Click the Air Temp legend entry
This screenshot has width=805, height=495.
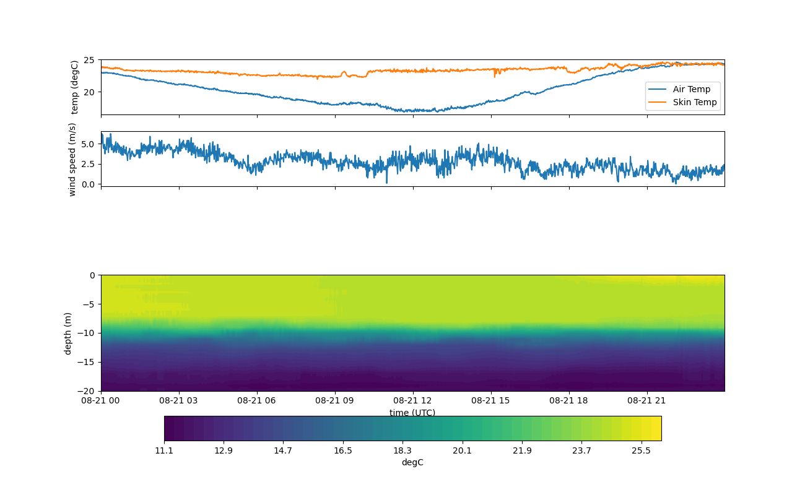(691, 89)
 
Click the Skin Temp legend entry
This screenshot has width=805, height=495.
(694, 102)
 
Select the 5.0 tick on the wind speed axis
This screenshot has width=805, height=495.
(87, 144)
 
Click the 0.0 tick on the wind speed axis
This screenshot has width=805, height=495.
(87, 184)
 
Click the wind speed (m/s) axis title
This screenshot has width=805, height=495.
(72, 159)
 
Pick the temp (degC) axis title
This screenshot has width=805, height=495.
(75, 87)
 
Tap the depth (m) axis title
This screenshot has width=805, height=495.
(68, 334)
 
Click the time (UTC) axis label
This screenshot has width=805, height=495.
(412, 413)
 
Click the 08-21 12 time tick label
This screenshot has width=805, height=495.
(412, 400)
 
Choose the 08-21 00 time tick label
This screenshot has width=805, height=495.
(101, 400)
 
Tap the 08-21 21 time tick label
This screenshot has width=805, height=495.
(647, 400)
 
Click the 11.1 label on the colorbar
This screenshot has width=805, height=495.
(164, 450)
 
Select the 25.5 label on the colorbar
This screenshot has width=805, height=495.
(641, 450)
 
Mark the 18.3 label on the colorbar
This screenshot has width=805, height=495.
(402, 450)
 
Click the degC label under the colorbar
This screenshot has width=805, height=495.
(412, 462)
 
